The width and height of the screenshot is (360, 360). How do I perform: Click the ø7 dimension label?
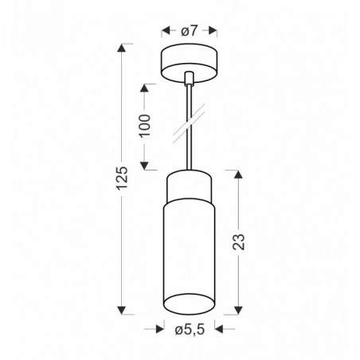[x=189, y=31]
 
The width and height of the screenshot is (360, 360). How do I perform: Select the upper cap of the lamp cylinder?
[x=189, y=188]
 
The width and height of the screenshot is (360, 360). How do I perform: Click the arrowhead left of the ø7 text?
[x=166, y=31]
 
